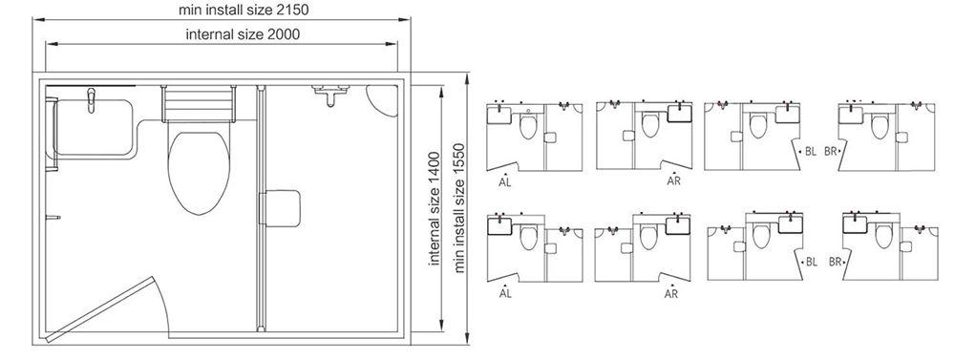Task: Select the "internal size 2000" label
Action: (243, 34)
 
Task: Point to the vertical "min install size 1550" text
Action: (459, 208)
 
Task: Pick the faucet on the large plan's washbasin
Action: (92, 101)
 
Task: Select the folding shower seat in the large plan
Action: (280, 208)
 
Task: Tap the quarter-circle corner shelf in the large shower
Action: (382, 100)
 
